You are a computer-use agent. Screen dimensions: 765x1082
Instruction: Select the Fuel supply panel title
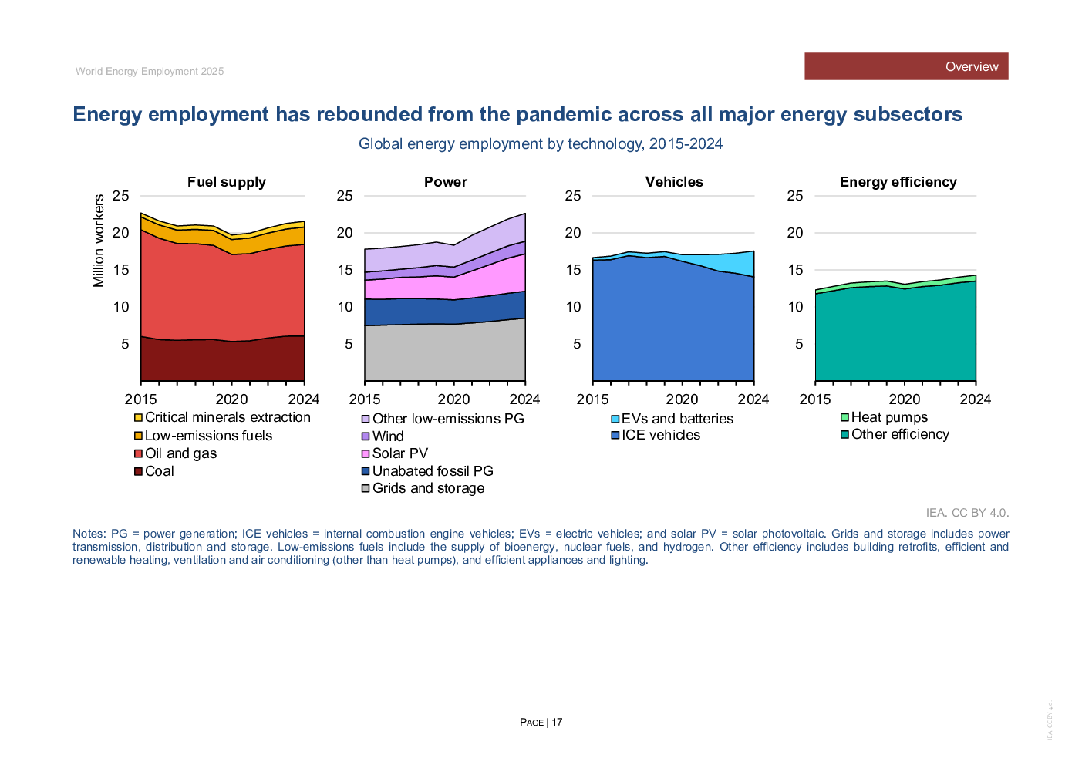[x=226, y=182]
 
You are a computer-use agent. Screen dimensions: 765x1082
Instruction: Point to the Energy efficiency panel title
[x=898, y=182]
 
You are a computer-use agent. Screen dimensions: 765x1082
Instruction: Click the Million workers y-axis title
[x=99, y=241]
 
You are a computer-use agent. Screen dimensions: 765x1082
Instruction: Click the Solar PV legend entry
[x=399, y=453]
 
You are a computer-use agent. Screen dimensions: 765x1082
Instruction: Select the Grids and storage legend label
[x=428, y=488]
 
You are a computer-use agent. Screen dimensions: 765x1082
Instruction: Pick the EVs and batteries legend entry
[x=676, y=419]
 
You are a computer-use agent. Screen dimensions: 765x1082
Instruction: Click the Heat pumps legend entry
[x=888, y=417]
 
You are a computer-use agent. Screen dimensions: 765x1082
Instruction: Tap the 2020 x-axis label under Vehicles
[x=682, y=399]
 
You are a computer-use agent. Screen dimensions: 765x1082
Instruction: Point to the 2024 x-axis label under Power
[x=524, y=399]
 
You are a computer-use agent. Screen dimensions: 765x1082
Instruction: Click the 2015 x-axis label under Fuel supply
[x=140, y=399]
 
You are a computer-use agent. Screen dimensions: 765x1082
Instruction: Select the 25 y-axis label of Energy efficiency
[x=794, y=196]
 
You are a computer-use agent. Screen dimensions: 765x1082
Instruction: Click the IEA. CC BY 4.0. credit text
[x=967, y=513]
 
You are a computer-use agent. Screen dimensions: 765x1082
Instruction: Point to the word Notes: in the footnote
[x=89, y=534]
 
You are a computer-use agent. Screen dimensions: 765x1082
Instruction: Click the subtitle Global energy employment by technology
[x=540, y=144]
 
